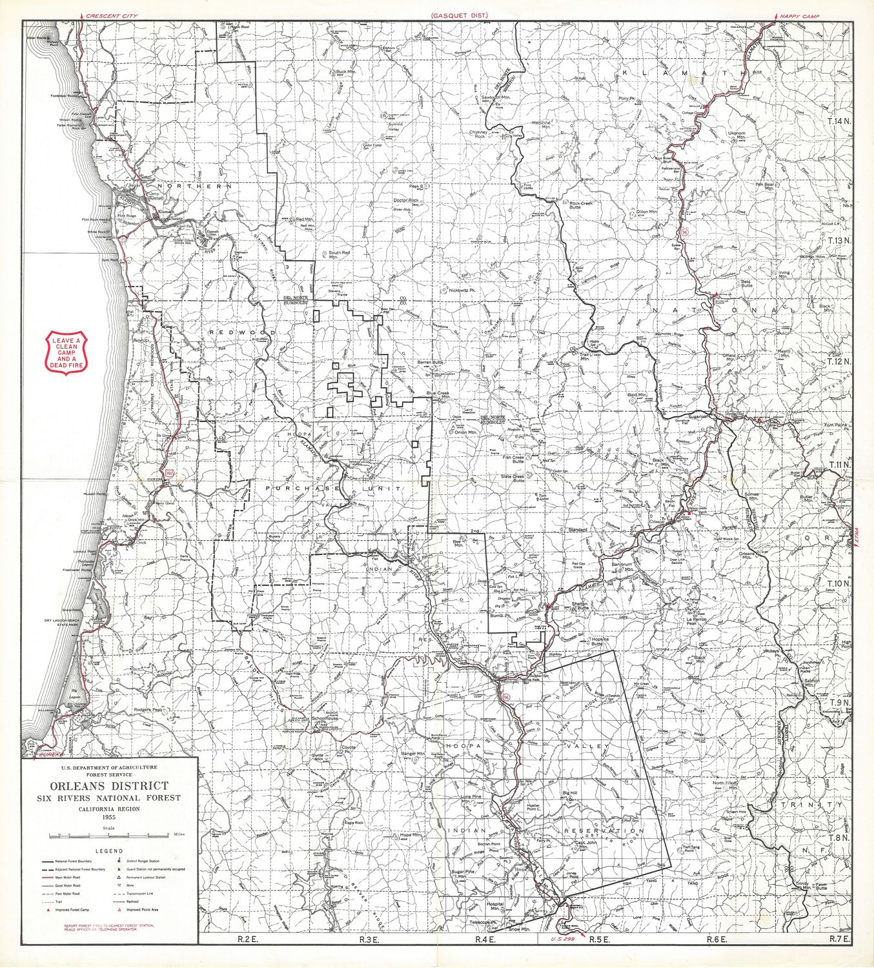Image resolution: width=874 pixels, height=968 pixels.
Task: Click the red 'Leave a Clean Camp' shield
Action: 66,352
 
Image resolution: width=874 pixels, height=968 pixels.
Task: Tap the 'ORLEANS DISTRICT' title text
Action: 110,785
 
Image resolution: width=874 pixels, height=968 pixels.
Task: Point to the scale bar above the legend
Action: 110,835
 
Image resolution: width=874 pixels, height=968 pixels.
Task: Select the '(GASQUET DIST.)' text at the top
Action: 460,14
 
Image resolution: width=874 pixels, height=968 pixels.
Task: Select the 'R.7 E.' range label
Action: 839,939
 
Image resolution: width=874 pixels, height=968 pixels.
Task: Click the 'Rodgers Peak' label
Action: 147,711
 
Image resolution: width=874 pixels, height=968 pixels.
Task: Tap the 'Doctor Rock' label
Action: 406,200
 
